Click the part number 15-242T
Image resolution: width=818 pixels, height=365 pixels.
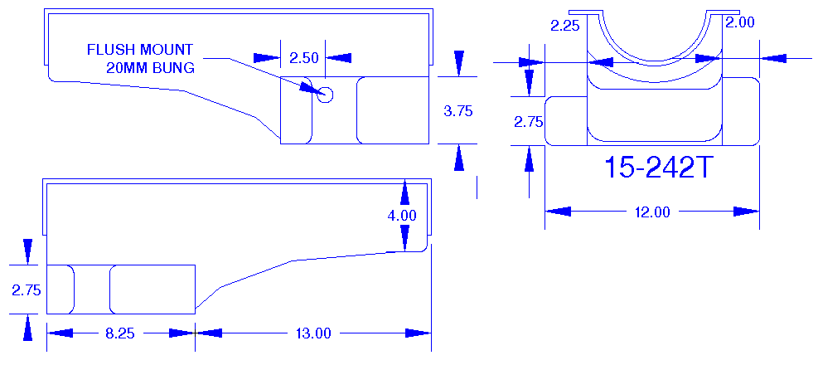pyautogui.click(x=658, y=168)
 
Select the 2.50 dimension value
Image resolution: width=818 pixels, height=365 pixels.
pyautogui.click(x=303, y=57)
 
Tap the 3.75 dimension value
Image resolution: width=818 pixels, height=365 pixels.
pyautogui.click(x=458, y=110)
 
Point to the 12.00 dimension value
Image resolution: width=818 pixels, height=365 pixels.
pyautogui.click(x=651, y=212)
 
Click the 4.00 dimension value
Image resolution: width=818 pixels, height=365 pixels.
pyautogui.click(x=402, y=215)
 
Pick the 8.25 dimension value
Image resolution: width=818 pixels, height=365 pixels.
pyautogui.click(x=120, y=333)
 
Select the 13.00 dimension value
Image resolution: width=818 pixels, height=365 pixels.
pyautogui.click(x=313, y=333)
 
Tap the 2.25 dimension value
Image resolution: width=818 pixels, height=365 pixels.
pyautogui.click(x=566, y=26)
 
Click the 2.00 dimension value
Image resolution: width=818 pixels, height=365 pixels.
pyautogui.click(x=739, y=23)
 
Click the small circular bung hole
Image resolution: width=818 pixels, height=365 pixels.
pyautogui.click(x=325, y=95)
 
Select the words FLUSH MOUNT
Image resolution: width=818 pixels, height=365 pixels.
pyautogui.click(x=140, y=50)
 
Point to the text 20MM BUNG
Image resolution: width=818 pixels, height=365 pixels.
pyautogui.click(x=150, y=68)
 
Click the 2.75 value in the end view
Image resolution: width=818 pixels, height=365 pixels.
pyautogui.click(x=528, y=121)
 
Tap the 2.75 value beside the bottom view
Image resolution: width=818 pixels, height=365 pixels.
pyautogui.click(x=27, y=290)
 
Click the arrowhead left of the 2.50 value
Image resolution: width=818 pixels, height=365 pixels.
pyautogui.click(x=267, y=57)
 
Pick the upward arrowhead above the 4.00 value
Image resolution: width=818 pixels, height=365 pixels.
pyautogui.click(x=404, y=192)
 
